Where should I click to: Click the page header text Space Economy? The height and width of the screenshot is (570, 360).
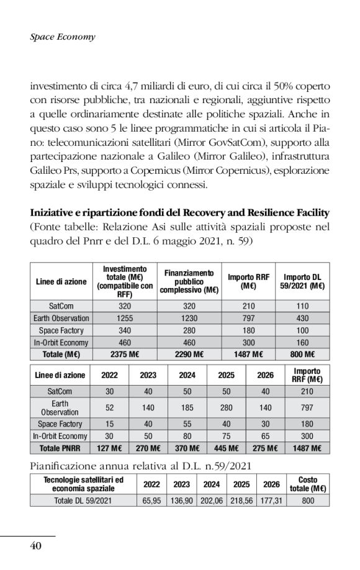point(63,37)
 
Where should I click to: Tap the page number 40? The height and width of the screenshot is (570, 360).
point(36,546)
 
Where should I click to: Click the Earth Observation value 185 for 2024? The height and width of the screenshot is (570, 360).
point(187,407)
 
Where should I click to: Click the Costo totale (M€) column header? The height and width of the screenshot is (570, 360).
point(308,484)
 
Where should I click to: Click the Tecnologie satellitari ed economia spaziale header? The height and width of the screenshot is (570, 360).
point(84,484)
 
